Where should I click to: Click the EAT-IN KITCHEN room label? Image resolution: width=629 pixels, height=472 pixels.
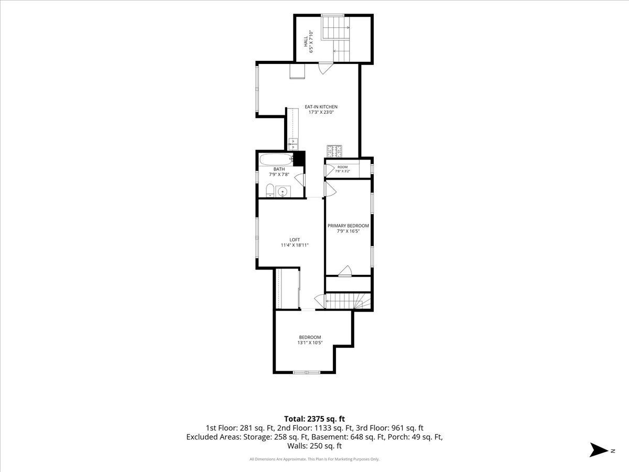(x=321, y=107)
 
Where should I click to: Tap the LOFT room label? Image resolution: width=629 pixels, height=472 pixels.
(x=295, y=240)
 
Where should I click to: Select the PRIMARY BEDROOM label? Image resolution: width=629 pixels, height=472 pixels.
(x=348, y=226)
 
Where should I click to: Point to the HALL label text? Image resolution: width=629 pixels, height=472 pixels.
(x=306, y=41)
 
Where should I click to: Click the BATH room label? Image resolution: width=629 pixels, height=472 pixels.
(x=279, y=169)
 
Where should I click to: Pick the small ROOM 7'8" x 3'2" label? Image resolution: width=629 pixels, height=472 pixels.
(x=342, y=169)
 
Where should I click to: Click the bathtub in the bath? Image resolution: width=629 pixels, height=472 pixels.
(x=276, y=159)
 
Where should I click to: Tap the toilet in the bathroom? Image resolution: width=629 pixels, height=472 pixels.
(x=269, y=190)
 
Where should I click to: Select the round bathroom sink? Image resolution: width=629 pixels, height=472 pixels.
(x=283, y=191)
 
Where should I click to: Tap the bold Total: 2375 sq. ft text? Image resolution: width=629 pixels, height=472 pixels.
(x=314, y=419)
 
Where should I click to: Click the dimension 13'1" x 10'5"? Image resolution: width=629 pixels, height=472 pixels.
(x=310, y=342)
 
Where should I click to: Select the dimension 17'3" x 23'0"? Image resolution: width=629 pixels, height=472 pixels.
(x=321, y=112)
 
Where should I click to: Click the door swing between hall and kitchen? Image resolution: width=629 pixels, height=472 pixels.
(x=326, y=69)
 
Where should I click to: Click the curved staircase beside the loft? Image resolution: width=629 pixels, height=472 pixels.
(x=348, y=301)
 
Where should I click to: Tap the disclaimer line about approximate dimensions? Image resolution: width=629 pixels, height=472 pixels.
(x=314, y=459)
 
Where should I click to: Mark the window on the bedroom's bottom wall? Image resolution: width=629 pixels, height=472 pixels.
(x=306, y=372)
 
